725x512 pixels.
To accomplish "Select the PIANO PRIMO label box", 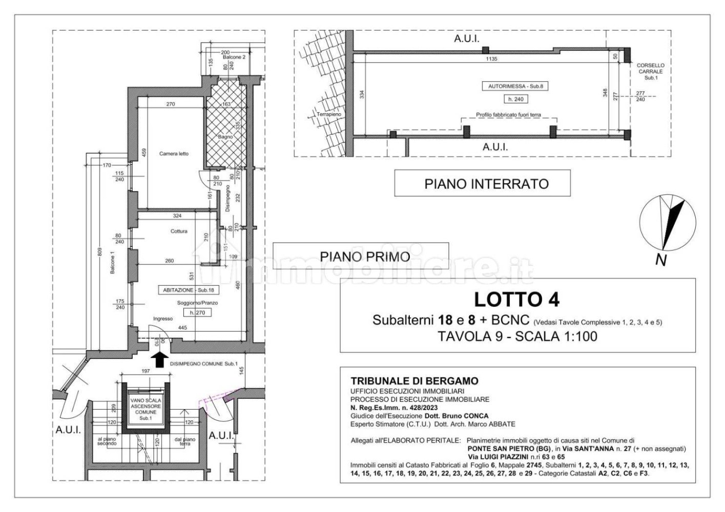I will [x=361, y=256].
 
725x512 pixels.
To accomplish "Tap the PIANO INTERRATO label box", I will [x=482, y=183].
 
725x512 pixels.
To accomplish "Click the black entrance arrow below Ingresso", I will [x=159, y=359].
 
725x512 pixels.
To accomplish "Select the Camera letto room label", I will [x=174, y=154].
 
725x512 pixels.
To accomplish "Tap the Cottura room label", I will [x=179, y=231].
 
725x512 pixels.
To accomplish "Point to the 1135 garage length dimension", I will [x=491, y=58].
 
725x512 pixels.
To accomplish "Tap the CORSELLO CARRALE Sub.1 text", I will [x=650, y=72].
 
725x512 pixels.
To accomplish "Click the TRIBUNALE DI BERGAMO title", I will [x=415, y=381].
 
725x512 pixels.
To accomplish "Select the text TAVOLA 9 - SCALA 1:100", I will [x=517, y=336].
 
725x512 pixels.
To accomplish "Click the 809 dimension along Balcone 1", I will [x=100, y=252].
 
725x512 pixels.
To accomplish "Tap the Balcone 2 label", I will [x=237, y=57].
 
